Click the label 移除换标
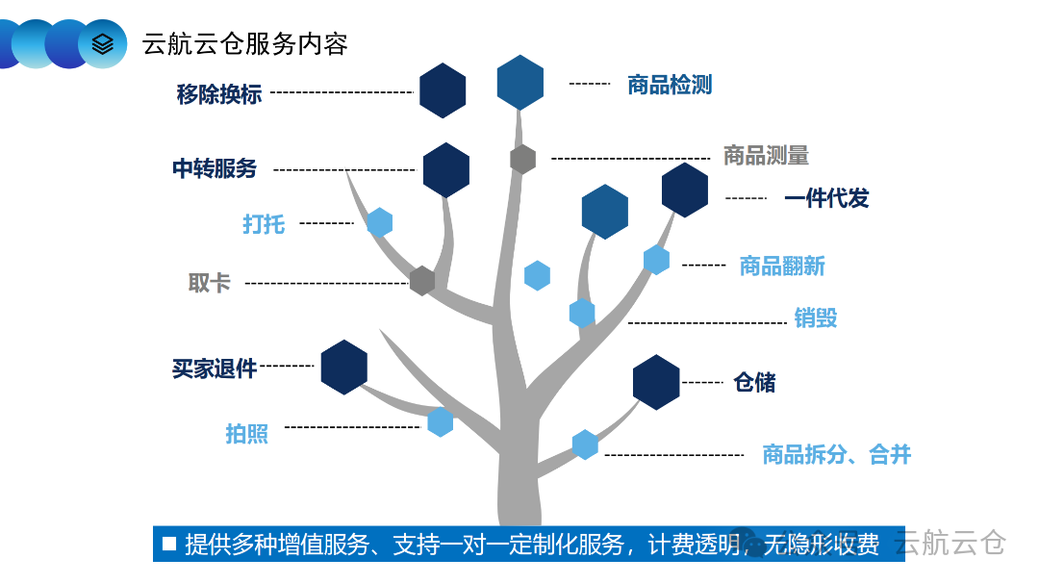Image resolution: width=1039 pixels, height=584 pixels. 219,94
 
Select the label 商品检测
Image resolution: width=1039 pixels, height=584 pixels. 669,85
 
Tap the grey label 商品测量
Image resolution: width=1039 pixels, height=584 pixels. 766,155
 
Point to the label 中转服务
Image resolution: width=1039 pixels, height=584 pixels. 215,168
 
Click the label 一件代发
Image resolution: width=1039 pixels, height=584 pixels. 826,198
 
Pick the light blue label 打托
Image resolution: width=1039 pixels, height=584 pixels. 264,223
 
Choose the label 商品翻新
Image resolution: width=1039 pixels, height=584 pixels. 781,266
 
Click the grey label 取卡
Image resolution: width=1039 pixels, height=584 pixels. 210,283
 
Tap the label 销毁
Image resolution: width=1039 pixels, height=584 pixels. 816,317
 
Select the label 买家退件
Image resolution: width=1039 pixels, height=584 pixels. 215,368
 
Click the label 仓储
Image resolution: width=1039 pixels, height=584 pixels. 754,382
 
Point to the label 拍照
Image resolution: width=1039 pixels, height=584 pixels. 247,434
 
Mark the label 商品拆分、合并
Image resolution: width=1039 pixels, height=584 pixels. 836,454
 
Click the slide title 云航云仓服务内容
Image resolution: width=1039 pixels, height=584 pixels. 244,44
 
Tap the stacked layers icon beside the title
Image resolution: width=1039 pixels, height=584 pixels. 102,44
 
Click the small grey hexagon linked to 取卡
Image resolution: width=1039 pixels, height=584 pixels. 422,281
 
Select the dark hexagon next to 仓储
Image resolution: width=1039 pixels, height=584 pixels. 656,382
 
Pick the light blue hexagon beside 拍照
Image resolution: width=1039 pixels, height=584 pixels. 441,421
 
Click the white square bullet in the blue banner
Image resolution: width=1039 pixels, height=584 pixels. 169,544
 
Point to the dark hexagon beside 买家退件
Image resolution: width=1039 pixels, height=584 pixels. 344,367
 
